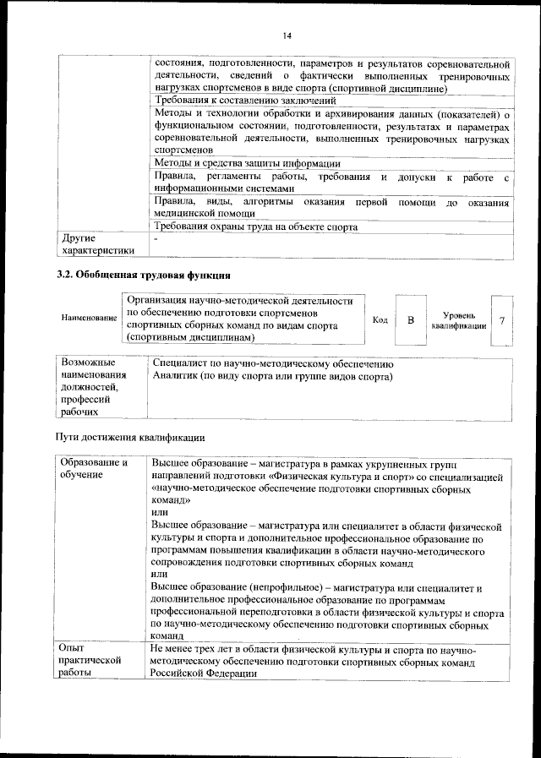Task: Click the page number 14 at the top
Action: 287,35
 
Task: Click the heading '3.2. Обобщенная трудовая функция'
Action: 144,275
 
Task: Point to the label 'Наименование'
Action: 89,319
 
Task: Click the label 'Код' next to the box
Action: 380,319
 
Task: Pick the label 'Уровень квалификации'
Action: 458,319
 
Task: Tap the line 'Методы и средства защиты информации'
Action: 248,163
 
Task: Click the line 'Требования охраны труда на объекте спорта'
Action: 255,226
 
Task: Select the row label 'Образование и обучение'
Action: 93,469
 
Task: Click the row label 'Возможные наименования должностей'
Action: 93,387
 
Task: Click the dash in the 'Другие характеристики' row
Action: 156,239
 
